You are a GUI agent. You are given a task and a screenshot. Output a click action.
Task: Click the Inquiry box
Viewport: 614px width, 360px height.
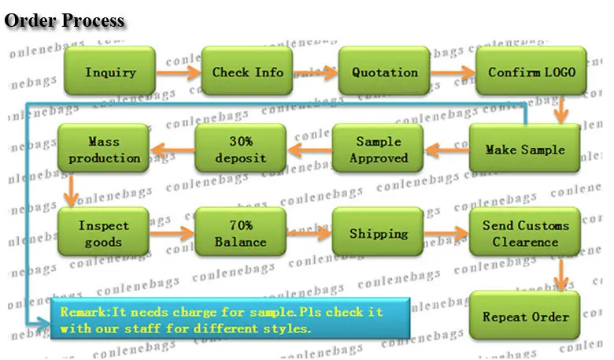(110, 71)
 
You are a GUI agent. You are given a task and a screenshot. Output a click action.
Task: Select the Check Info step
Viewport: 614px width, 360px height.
(247, 71)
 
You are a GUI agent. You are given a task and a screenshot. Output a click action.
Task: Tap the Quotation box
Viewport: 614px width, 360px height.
(384, 71)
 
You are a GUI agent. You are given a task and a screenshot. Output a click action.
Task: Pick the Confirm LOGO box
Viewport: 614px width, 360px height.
(531, 71)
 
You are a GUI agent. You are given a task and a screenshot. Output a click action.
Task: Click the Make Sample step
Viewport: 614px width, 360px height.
(525, 148)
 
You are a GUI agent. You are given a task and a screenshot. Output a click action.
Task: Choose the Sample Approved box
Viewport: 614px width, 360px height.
(378, 148)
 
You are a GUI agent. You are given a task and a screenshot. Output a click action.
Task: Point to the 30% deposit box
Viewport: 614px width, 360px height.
(240, 148)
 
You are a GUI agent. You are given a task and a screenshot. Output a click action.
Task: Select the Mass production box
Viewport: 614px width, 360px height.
(103, 148)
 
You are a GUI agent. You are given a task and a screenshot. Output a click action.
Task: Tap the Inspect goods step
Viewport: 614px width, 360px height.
(103, 232)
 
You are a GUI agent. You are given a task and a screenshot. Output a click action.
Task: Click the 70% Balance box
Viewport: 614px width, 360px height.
(240, 232)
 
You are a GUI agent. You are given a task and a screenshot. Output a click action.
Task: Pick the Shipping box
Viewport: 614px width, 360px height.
(378, 232)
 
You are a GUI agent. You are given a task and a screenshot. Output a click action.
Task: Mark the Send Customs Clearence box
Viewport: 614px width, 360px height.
(525, 232)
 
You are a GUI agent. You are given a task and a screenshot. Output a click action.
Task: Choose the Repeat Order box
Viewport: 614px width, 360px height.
(525, 315)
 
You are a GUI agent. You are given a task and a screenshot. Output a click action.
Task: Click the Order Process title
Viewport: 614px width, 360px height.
(65, 20)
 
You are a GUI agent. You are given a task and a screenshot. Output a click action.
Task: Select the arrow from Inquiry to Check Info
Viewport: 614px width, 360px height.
(179, 72)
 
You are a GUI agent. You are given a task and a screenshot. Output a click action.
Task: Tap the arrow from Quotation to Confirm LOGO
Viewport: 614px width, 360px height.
(453, 72)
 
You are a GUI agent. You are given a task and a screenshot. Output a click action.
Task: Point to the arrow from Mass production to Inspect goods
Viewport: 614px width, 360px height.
(71, 191)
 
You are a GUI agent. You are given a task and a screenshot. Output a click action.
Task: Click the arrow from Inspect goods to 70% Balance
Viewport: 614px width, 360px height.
(172, 234)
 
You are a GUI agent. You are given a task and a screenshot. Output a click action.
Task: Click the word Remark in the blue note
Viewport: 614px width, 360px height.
(83, 312)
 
